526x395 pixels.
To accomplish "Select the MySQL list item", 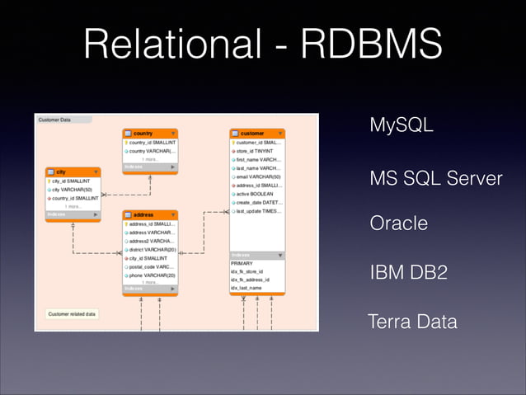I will (x=402, y=126).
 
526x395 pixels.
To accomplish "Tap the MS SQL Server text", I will (x=435, y=178).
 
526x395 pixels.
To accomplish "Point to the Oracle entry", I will (x=399, y=223).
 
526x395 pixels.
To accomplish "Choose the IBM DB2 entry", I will (x=409, y=272).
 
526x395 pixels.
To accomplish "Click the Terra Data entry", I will (x=413, y=321).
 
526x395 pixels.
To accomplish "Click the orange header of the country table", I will (x=150, y=133).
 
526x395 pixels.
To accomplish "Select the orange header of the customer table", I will (x=257, y=133).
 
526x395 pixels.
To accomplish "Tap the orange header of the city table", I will (x=73, y=172).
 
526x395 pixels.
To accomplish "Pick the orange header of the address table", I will (x=150, y=214).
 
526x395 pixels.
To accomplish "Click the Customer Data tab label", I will (x=55, y=120).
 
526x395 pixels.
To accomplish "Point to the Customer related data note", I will (x=73, y=313).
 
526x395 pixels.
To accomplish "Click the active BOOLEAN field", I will (x=256, y=194).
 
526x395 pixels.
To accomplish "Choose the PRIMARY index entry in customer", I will (x=242, y=263).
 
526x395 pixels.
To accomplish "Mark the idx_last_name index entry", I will (x=247, y=288).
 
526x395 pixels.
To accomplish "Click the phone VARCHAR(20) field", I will (x=150, y=275).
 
